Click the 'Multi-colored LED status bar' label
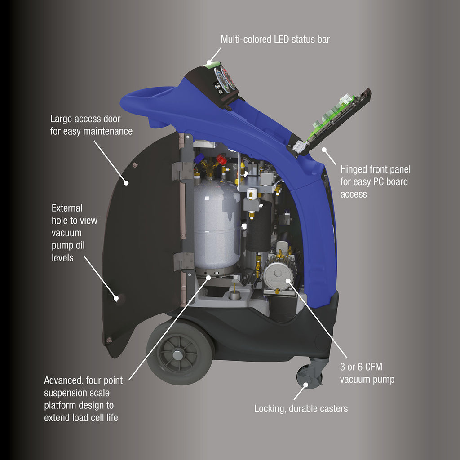click(x=275, y=40)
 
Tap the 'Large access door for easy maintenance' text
click(x=91, y=125)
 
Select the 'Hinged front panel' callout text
click(x=375, y=182)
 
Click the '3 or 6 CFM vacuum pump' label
click(x=367, y=373)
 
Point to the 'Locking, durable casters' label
click(x=301, y=409)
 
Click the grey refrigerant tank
click(x=217, y=225)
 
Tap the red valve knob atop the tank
click(x=221, y=159)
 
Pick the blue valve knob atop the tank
click(x=199, y=158)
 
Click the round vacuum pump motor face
click(x=275, y=275)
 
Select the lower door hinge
click(x=181, y=261)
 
